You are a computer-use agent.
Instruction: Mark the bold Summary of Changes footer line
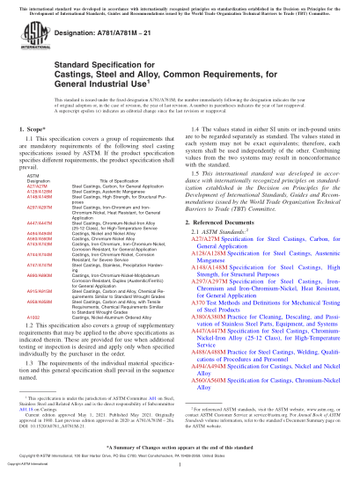coord(180,447)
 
